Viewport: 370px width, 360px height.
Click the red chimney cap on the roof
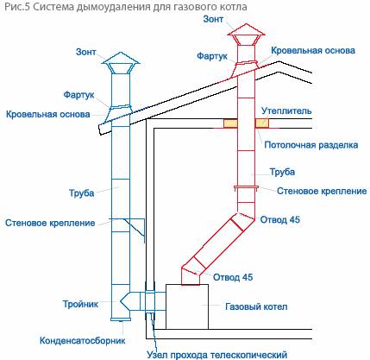point(246,34)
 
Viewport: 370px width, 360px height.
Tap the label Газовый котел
point(256,306)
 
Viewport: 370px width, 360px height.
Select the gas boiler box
point(187,306)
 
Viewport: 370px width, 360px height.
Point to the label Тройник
point(80,304)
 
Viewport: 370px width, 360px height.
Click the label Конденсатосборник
point(82,341)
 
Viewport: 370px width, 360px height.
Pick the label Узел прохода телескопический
point(217,355)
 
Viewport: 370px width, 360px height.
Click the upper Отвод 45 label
point(280,219)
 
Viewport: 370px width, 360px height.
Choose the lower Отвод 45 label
point(233,277)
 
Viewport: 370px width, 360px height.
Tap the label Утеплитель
point(286,111)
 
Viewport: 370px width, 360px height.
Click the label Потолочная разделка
point(311,144)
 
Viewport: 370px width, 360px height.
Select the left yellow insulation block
point(230,123)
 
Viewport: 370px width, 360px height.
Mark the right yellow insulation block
point(262,123)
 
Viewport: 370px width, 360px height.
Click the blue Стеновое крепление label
point(50,223)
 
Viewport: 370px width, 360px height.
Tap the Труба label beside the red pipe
point(282,172)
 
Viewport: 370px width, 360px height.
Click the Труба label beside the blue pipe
point(81,193)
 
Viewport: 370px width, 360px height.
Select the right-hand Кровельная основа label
point(313,50)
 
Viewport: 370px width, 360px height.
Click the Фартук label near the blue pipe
point(78,95)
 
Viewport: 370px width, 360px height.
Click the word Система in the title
point(53,6)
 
